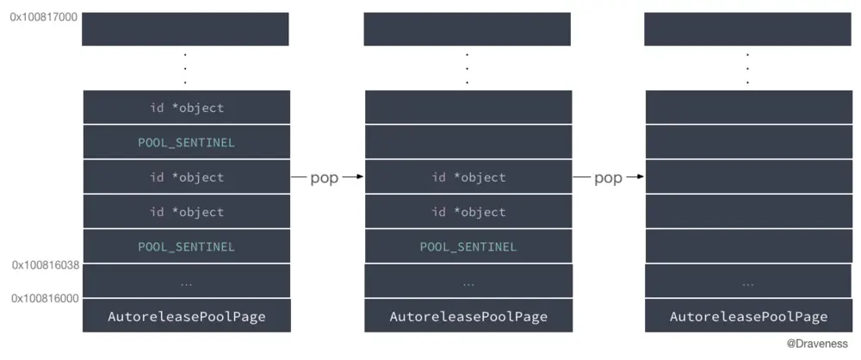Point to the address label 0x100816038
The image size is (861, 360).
(46, 265)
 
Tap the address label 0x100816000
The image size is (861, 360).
(46, 298)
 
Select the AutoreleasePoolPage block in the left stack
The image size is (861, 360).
(186, 316)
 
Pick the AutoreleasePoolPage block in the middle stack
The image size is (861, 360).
(468, 316)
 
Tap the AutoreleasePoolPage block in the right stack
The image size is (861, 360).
(748, 316)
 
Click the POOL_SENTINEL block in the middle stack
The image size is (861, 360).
(468, 246)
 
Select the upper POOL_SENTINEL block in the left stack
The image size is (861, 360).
(186, 142)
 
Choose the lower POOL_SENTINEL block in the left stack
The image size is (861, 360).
(186, 246)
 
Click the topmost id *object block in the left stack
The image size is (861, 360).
(186, 108)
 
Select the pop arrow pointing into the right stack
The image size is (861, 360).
(608, 177)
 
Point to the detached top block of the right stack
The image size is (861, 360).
(748, 29)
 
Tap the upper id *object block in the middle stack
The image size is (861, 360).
(468, 177)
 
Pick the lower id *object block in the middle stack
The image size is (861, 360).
(468, 212)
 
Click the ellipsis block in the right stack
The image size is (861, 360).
(748, 282)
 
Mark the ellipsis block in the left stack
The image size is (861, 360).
(186, 282)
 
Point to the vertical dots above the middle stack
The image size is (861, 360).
(468, 68)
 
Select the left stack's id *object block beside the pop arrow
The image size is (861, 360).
(186, 177)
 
